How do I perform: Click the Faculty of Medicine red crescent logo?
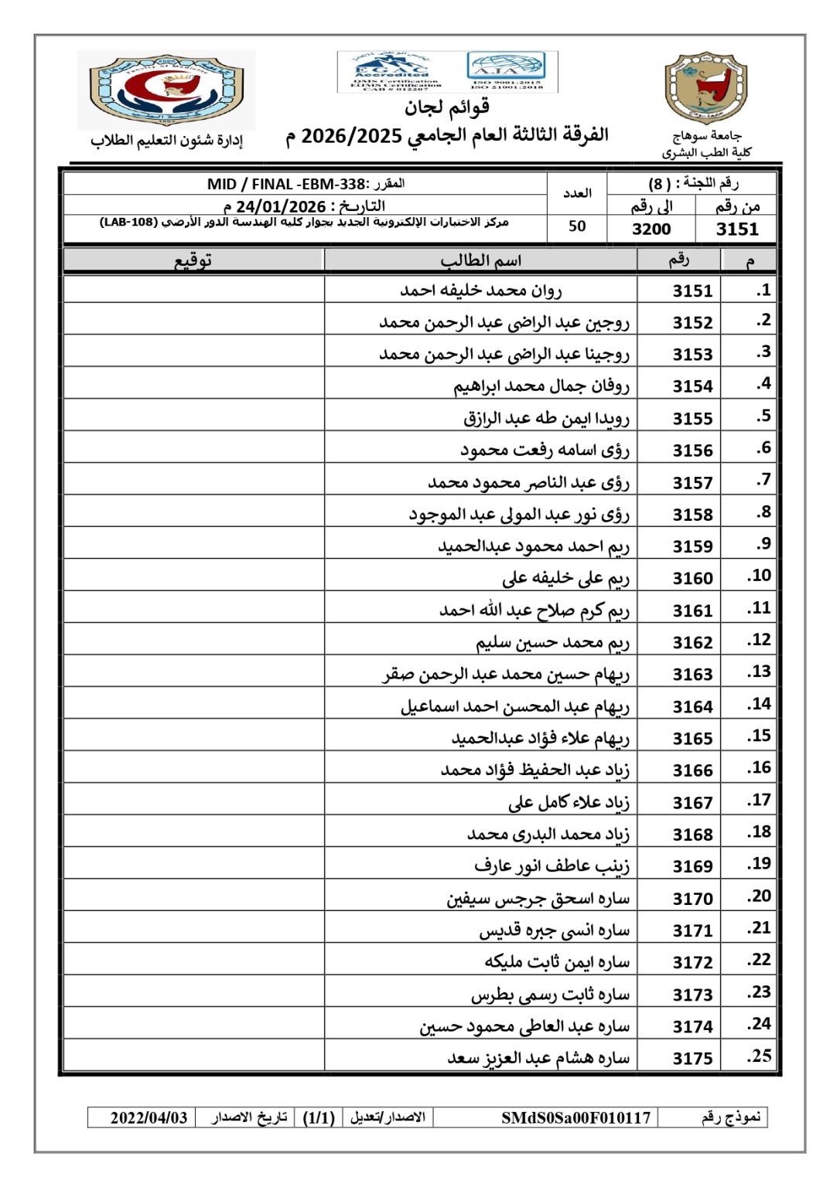point(166,90)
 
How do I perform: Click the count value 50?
point(577,226)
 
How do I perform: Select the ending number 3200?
point(651,229)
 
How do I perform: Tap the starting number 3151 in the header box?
point(737,229)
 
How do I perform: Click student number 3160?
point(692,578)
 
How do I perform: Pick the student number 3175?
point(692,1058)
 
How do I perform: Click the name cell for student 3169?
point(551,866)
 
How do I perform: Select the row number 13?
point(759,672)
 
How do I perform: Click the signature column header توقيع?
point(193,260)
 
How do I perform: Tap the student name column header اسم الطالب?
point(480,260)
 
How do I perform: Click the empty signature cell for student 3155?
point(193,417)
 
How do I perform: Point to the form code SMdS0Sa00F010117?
point(575,1117)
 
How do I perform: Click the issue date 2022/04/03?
point(149,1117)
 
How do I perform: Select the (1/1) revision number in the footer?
point(318,1117)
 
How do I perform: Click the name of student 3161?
point(534,610)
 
